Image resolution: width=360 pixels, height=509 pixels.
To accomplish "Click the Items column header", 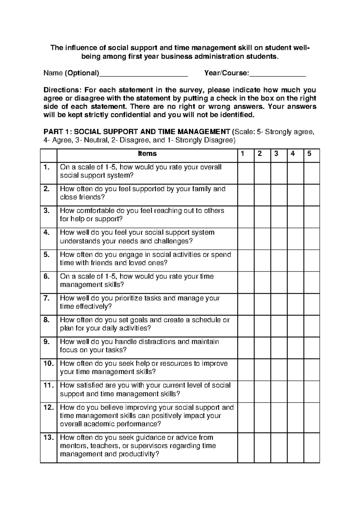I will coord(147,154).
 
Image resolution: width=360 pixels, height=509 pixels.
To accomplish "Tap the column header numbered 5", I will coord(309,154).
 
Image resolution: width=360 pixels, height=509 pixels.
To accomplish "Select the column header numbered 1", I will coord(243,154).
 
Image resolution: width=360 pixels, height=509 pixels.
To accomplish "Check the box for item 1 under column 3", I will coord(279,173).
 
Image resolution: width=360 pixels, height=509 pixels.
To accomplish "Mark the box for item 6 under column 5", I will coord(311,282).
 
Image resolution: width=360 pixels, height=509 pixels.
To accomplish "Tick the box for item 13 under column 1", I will coord(246,447).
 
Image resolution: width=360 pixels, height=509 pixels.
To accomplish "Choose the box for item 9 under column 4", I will coord(295,348).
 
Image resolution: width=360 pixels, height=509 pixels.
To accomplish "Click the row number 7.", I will coord(46,298).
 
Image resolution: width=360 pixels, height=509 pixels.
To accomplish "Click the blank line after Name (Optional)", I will coord(143,74).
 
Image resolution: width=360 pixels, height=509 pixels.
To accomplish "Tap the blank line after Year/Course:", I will coord(277,74).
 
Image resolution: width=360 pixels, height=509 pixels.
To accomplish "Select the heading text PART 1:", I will coord(58,131).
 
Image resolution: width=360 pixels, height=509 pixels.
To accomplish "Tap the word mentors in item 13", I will coord(71,446).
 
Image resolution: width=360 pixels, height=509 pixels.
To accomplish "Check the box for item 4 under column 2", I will coord(262,239).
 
